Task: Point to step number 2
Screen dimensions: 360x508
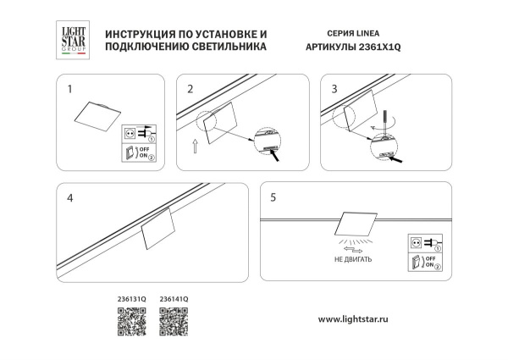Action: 190,88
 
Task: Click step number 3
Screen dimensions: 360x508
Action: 334,88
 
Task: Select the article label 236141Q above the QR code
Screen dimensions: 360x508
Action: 174,298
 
